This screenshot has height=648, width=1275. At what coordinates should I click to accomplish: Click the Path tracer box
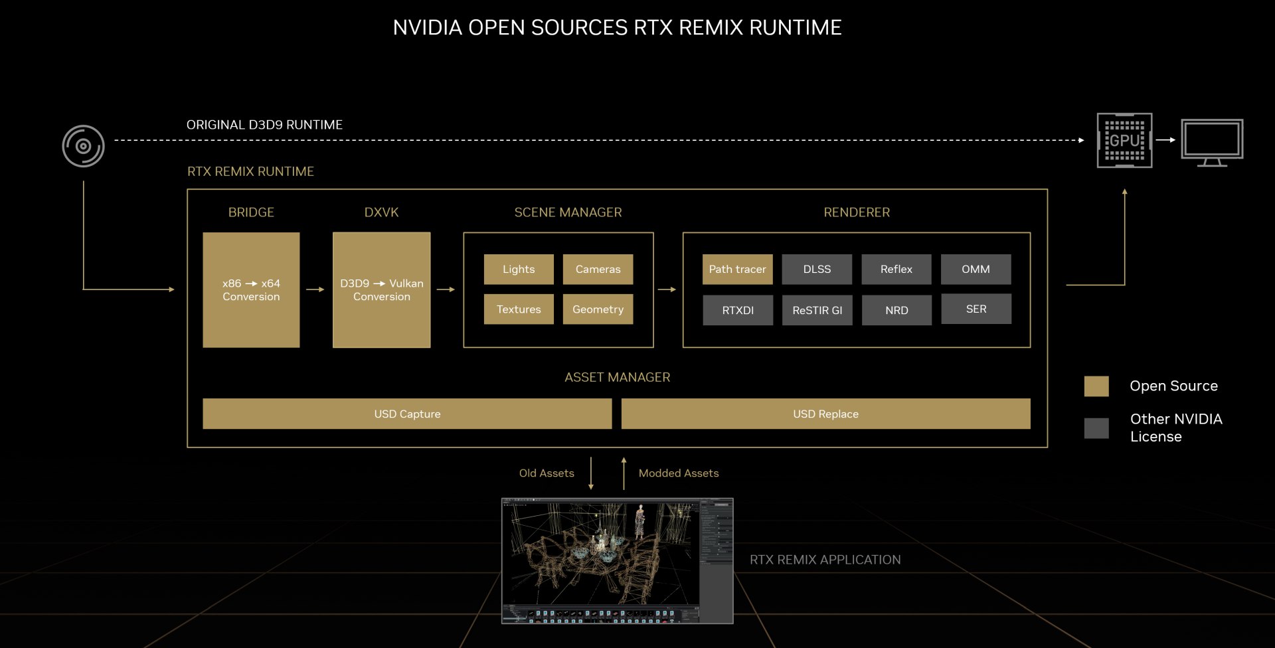737,269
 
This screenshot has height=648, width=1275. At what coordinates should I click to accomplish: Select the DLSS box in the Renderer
817,269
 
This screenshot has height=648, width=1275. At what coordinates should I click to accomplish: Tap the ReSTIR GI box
817,310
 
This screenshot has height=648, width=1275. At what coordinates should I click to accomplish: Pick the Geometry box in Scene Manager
598,309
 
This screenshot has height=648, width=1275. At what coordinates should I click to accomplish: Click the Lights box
519,269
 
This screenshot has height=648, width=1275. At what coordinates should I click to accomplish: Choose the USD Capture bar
407,414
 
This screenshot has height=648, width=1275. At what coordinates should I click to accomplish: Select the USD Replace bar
825,414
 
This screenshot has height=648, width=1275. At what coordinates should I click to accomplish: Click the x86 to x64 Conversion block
251,289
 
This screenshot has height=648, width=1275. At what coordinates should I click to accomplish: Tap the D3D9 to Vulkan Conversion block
381,289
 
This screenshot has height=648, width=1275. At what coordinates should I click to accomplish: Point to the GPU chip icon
1124,140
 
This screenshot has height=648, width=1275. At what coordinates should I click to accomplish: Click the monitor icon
1212,141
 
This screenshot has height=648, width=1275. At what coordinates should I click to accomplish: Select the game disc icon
83,146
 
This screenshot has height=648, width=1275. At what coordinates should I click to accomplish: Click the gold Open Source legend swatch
1096,386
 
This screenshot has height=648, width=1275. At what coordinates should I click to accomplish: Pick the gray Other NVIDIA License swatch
1096,428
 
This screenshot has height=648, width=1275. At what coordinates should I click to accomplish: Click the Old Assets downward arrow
590,473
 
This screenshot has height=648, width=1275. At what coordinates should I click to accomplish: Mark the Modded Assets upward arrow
624,473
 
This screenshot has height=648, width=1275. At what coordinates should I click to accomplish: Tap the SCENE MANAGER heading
568,212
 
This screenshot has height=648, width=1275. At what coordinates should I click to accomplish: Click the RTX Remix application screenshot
617,561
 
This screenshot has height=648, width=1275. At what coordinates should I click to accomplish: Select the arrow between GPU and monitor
1165,140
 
